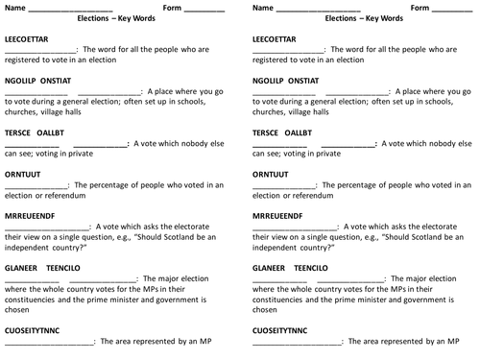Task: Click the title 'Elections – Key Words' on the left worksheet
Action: (115, 19)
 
